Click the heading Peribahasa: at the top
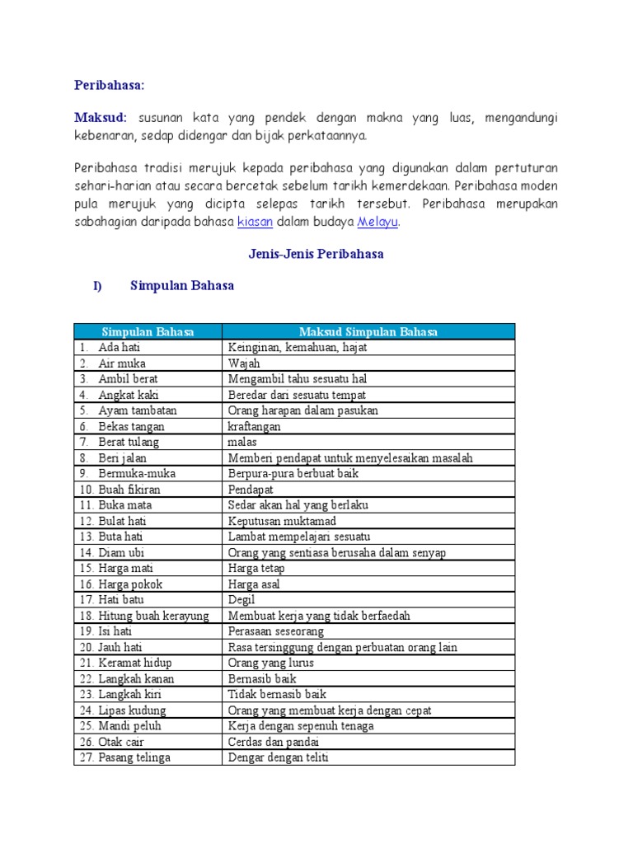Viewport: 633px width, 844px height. [109, 85]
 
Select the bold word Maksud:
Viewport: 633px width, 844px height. [101, 118]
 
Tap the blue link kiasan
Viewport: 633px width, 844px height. [255, 222]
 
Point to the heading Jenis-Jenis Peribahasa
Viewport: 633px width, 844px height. [316, 254]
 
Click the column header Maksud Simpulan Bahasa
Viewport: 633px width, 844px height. [368, 331]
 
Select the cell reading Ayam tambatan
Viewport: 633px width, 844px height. [138, 410]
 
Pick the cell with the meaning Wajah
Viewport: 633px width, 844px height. [244, 363]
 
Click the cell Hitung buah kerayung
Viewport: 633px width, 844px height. [153, 616]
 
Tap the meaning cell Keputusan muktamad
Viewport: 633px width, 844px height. [282, 521]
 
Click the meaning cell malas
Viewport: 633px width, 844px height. [242, 442]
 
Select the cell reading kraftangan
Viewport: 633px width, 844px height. [254, 426]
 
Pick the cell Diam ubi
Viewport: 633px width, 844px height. [121, 552]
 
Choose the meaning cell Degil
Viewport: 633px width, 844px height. [241, 600]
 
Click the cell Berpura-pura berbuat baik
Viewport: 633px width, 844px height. [293, 474]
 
